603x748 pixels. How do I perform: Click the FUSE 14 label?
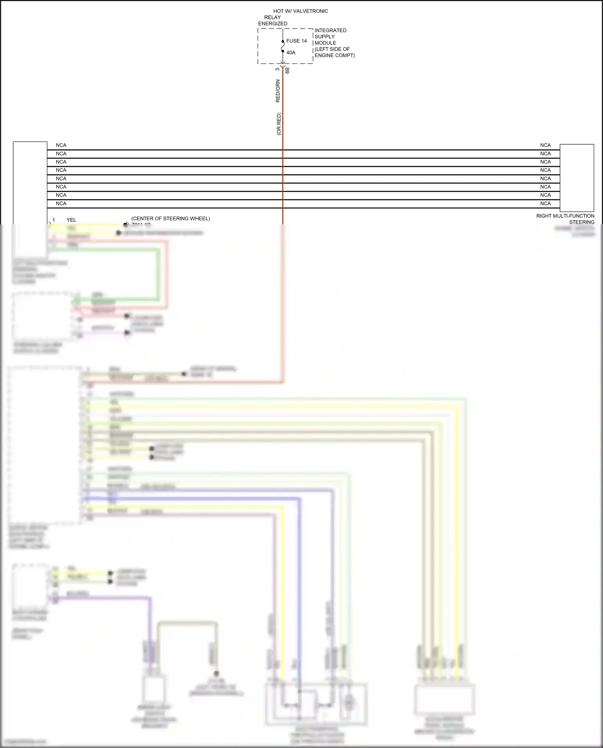coord(296,41)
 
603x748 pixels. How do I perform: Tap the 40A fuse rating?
coord(291,53)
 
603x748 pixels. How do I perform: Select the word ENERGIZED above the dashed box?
coord(273,24)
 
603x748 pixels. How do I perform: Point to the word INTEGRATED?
coord(330,31)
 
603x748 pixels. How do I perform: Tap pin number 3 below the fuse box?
coord(277,69)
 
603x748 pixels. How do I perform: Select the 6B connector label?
coord(287,70)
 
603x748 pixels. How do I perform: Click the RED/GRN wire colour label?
coord(278,91)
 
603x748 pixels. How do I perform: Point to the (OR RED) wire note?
coord(279,124)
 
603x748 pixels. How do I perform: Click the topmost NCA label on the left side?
coord(61,146)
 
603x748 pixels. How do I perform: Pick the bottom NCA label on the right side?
coord(545,204)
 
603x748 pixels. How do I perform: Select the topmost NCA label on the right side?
coord(545,146)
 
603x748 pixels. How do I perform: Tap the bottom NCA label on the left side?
coord(61,204)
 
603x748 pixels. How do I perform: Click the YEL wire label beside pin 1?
coord(71,220)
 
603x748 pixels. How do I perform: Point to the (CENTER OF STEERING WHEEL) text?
coord(170,219)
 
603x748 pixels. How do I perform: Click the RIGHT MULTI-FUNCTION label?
coord(565,216)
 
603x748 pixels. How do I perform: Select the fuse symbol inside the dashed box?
coord(283,46)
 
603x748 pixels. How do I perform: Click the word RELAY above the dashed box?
coord(272,18)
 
